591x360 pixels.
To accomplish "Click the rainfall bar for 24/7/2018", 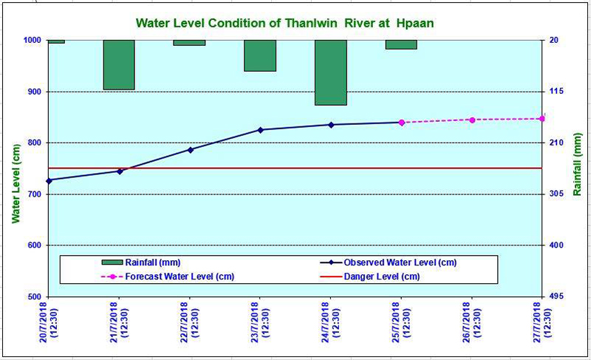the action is click(x=331, y=72).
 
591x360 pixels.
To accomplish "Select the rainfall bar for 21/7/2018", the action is click(x=119, y=65).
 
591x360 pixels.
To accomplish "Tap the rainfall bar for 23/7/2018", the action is click(x=260, y=55).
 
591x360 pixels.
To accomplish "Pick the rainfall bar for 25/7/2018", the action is click(x=401, y=44).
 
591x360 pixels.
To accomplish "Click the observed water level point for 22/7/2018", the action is click(x=191, y=149).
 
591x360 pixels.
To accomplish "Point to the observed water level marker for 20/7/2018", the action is click(x=49, y=180).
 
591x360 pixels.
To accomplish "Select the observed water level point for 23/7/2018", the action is click(x=260, y=129).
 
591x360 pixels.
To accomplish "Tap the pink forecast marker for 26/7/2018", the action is click(x=472, y=120).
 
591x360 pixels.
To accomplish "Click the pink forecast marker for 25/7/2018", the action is click(x=401, y=122).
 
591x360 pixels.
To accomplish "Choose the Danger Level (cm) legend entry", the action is click(x=369, y=276).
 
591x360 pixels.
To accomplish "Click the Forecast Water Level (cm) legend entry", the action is click(x=168, y=276).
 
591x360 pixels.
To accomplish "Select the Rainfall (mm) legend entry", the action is click(x=141, y=262).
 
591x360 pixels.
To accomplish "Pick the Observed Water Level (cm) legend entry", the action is click(x=389, y=262).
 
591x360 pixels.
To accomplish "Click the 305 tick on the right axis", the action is click(x=556, y=194).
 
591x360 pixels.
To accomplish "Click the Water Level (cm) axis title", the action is click(x=16, y=183).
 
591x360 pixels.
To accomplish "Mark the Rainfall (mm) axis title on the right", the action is click(x=578, y=164).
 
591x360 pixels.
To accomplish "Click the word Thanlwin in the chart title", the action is click(x=312, y=23).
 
